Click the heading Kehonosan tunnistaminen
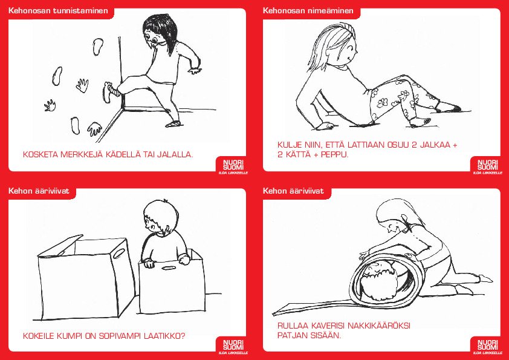click(58, 11)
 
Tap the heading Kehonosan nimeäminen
click(308, 11)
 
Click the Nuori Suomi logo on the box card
click(233, 345)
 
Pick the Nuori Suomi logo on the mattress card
click(488, 345)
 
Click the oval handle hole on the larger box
click(119, 253)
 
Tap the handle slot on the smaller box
click(169, 269)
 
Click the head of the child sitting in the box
click(161, 217)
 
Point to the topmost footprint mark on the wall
click(98, 47)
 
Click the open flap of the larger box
click(60, 246)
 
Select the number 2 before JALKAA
click(414, 145)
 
